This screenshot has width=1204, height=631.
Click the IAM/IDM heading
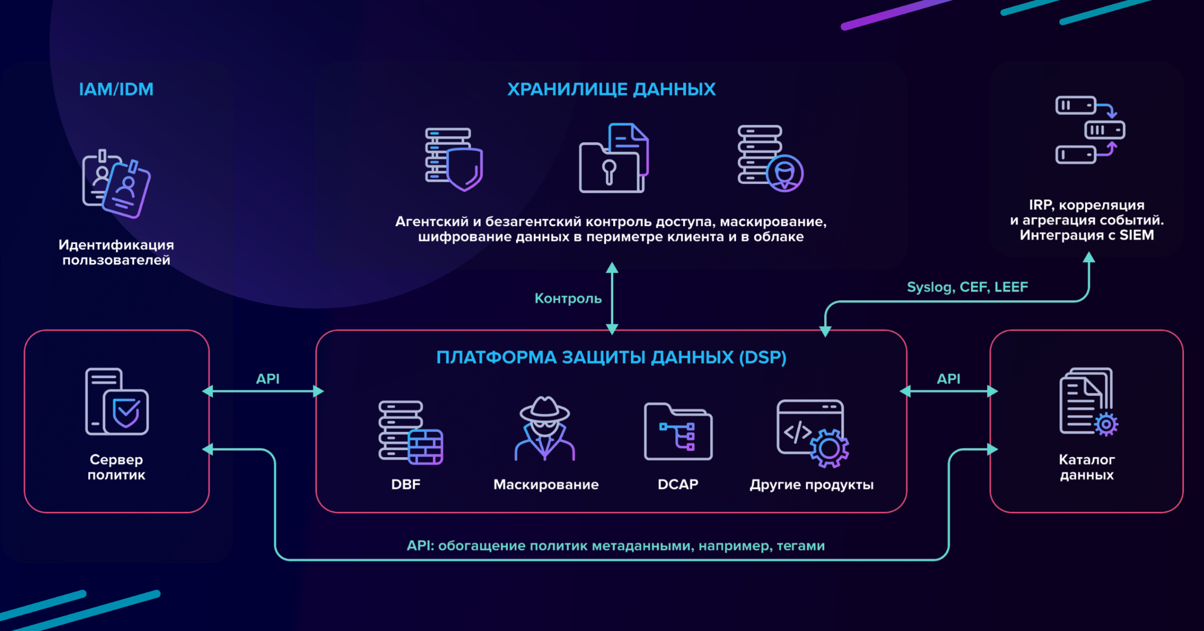pos(116,89)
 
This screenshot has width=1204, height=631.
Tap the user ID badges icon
pos(116,184)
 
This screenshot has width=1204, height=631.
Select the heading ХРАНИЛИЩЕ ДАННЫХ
pos(611,89)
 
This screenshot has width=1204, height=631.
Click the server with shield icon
pos(453,159)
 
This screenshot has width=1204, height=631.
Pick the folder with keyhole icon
pos(613,159)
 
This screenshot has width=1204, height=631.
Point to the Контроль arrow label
pos(567,298)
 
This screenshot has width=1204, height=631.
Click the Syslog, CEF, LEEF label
pos(967,287)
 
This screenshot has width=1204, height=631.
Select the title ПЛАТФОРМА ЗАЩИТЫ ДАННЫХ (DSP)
pos(611,357)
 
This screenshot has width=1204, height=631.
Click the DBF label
pos(406,485)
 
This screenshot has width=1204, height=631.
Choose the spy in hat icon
pos(544,429)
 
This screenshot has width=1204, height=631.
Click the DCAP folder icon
pos(678,431)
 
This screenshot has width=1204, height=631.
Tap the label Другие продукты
pos(811,485)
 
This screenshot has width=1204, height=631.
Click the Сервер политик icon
pos(116,402)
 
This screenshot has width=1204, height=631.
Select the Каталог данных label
pos(1086,467)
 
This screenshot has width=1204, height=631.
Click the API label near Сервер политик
pos(267,379)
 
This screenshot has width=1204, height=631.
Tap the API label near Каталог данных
pos(948,379)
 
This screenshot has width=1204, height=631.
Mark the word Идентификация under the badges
pos(116,245)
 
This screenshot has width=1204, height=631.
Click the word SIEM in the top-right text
pos(1136,236)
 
